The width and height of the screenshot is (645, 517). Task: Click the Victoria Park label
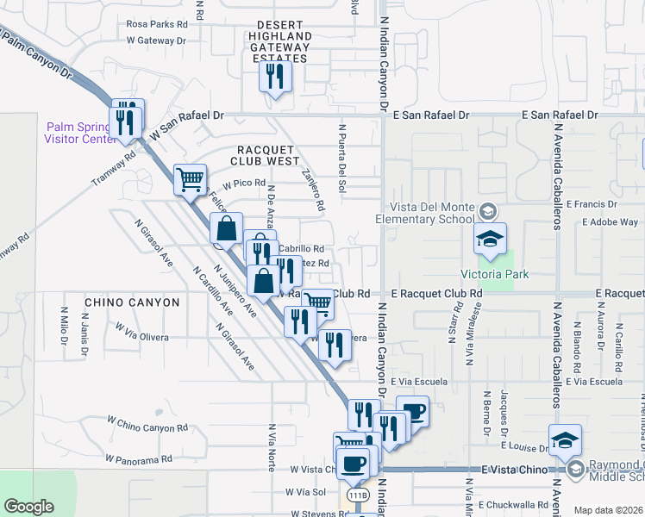pos(494,276)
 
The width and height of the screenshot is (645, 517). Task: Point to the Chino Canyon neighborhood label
pos(132,302)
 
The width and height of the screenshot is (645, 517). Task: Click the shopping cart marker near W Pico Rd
pos(190,181)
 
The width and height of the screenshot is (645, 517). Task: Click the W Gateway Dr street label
pos(156,40)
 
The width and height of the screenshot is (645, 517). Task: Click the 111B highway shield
pos(359,495)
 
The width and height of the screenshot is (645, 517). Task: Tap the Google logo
pos(28,507)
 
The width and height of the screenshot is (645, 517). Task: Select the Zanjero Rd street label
pos(313,190)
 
